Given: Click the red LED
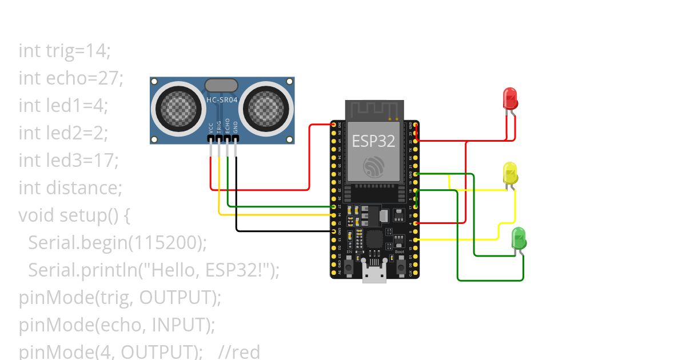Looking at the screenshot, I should tap(510, 98).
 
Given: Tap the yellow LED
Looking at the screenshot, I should tap(510, 173).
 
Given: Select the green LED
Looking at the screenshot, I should tap(519, 238).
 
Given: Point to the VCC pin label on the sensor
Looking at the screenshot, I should tap(211, 127).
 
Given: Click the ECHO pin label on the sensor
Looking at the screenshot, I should tap(228, 126).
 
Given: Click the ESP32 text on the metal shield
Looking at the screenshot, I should tap(373, 141).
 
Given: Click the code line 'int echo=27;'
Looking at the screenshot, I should tap(71, 78).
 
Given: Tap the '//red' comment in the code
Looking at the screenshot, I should tap(240, 351).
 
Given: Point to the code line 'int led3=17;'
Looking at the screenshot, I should tap(69, 161).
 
